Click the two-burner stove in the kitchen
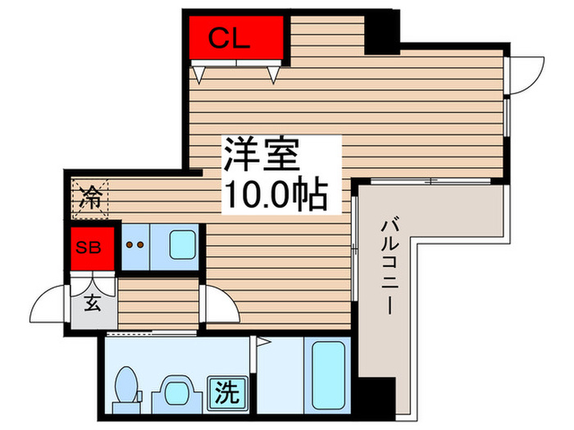[135, 245]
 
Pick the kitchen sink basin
[182, 244]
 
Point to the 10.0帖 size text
[275, 195]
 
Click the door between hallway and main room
[218, 304]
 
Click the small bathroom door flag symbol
[264, 342]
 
